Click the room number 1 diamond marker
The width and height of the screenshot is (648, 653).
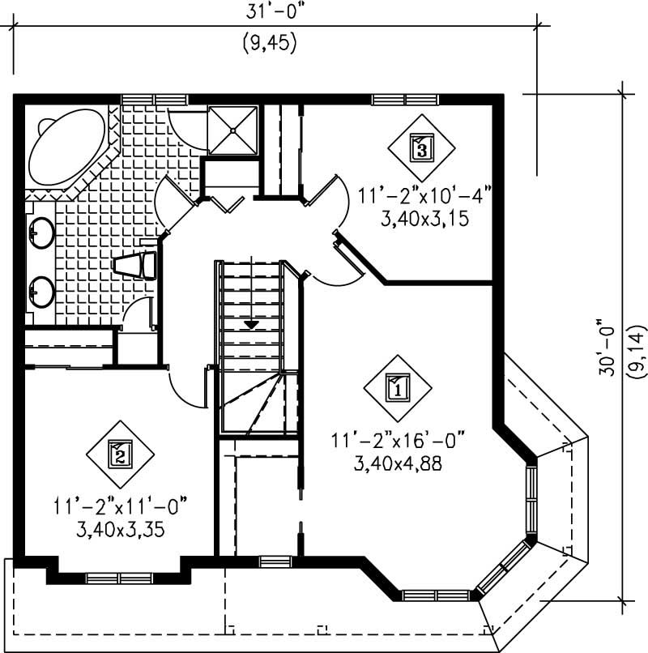(x=398, y=386)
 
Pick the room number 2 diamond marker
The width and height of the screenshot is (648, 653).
(x=120, y=454)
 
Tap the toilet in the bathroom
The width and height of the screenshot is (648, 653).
(x=134, y=266)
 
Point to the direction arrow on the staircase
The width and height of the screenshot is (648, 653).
(x=252, y=323)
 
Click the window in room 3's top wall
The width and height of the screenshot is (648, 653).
(x=405, y=100)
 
